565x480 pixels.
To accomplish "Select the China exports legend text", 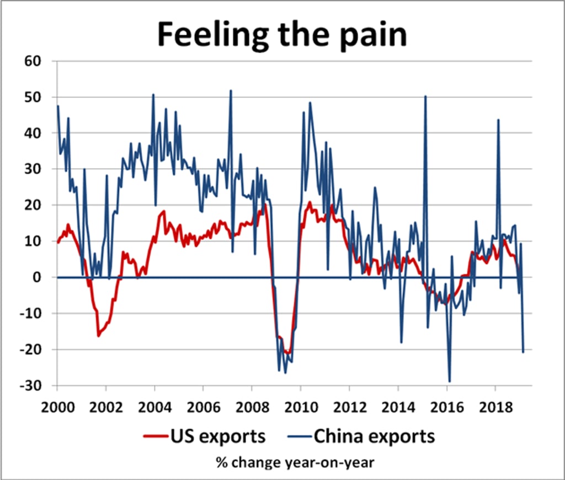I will [x=374, y=436].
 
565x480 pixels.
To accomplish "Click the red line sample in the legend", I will [x=157, y=437].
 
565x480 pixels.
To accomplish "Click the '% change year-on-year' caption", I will [x=295, y=462].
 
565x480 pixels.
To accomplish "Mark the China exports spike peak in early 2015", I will [x=425, y=96].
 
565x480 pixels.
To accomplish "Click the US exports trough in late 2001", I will [x=98, y=336].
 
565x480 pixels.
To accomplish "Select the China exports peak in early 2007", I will [x=231, y=91].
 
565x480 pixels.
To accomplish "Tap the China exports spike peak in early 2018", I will [x=498, y=120].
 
